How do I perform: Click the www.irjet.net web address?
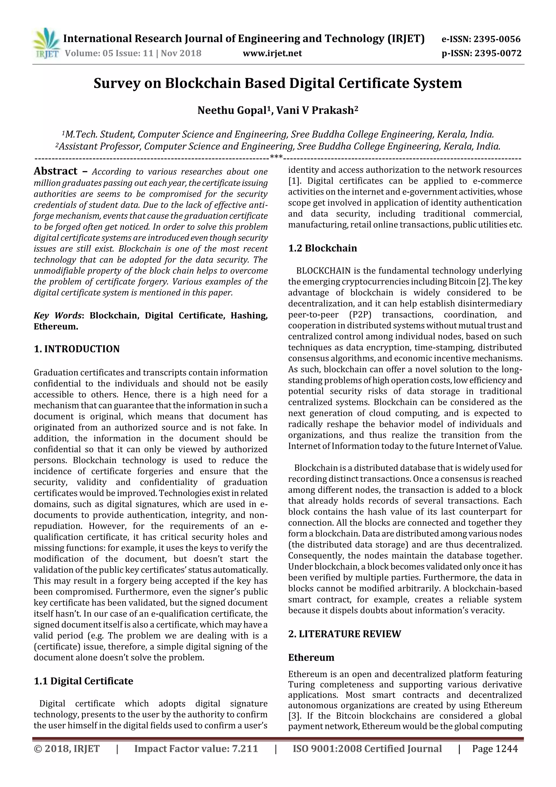(272, 53)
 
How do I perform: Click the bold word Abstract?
(55, 171)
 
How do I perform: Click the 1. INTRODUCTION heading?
(77, 349)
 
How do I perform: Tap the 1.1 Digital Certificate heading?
(83, 681)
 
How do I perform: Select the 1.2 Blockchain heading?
(322, 248)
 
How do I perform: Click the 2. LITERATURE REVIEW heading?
(344, 634)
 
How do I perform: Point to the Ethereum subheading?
(311, 657)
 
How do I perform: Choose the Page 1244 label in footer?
(495, 749)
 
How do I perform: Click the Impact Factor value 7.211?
(245, 749)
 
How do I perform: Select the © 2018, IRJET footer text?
(67, 749)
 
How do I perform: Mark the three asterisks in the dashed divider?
(276, 157)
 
